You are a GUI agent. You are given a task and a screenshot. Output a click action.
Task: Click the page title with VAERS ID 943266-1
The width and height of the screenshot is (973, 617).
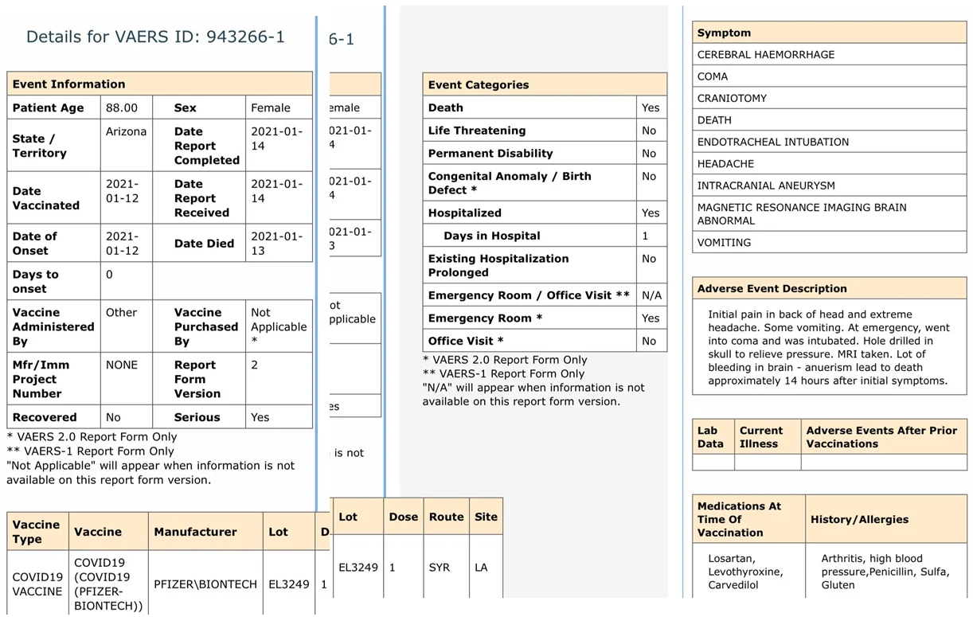[155, 37]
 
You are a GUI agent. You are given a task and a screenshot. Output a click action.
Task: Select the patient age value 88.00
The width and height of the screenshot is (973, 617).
[122, 107]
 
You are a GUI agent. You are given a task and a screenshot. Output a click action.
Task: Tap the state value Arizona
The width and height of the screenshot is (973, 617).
[126, 131]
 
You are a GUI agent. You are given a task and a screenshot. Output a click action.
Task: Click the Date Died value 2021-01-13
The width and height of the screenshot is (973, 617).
[276, 244]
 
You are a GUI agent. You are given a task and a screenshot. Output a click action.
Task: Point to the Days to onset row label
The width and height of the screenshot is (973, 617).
[36, 281]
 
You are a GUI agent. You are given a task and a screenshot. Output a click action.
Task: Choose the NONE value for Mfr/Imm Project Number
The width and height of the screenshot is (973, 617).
[122, 365]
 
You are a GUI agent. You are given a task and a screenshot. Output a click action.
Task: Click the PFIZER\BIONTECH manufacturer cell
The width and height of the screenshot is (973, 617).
[205, 584]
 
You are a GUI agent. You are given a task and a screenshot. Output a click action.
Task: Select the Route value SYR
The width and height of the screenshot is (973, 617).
[440, 568]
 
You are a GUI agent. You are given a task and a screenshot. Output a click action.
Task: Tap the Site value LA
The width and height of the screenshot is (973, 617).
[481, 568]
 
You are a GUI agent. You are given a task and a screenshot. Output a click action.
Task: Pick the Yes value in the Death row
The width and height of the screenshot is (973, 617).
[650, 107]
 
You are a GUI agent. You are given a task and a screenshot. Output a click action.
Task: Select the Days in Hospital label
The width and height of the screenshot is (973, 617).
[491, 236]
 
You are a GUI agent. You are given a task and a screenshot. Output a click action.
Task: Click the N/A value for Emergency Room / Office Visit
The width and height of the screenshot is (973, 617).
[651, 295]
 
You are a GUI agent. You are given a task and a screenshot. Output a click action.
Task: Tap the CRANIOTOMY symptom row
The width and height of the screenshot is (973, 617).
[732, 98]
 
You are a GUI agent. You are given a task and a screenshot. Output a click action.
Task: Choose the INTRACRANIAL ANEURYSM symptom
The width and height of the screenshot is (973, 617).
[766, 185]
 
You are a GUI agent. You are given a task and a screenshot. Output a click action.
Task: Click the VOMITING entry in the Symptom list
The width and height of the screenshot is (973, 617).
[724, 243]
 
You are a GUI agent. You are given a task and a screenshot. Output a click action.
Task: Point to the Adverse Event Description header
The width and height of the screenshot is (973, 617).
[772, 288]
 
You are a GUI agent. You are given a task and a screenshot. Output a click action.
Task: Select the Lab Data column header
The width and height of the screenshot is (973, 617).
[711, 437]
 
